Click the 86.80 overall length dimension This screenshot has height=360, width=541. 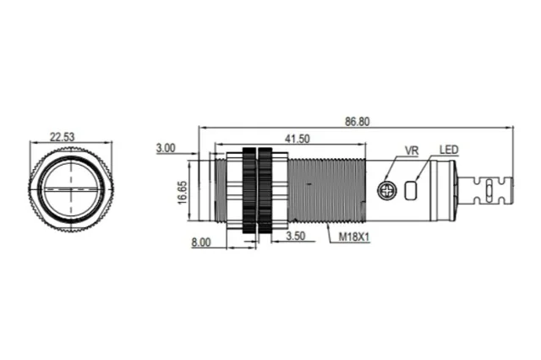[357, 122]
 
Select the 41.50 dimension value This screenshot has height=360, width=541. [297, 139]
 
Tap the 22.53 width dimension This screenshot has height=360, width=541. [62, 137]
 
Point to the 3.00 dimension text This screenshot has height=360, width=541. [166, 148]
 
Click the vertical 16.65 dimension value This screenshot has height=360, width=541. [183, 192]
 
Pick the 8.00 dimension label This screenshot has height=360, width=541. [201, 242]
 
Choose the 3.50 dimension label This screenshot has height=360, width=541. [296, 236]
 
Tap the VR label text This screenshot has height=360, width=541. [412, 150]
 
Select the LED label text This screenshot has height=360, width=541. [449, 150]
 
